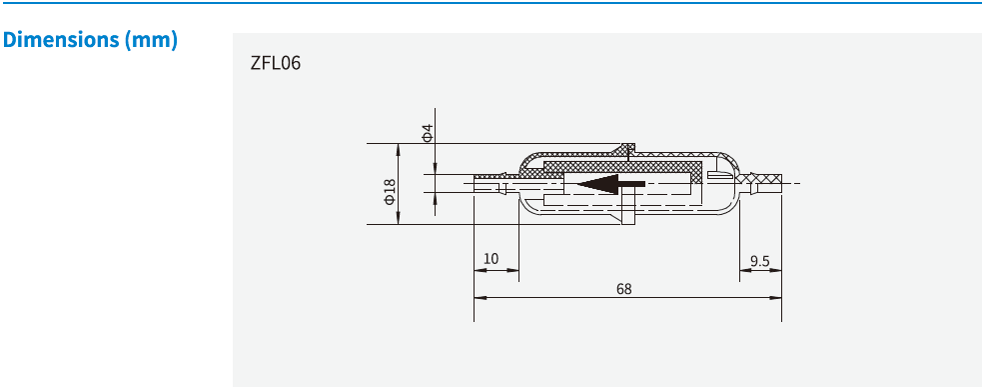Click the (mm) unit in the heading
point(152,41)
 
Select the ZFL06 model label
point(275,64)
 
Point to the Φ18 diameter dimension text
point(391,191)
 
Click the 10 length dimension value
point(491,259)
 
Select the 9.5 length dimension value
point(760,261)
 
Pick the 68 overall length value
point(623,289)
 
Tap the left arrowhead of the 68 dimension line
point(479,297)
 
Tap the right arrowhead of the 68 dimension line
point(777,297)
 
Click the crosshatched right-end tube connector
point(765,184)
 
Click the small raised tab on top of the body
point(627,150)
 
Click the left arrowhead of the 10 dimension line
point(479,269)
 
